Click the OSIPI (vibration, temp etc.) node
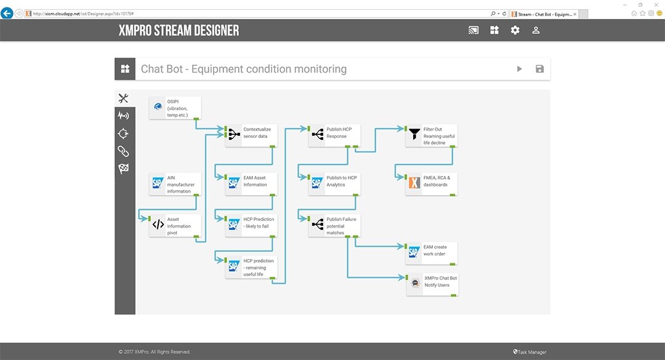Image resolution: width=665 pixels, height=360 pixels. pos(175,108)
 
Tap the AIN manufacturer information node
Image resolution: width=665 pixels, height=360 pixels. pos(175,185)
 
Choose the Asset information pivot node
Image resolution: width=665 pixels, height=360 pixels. pos(175,226)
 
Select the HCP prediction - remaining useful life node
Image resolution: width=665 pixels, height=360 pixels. pos(251,268)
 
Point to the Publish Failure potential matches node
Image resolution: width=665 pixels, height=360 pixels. pos(334,225)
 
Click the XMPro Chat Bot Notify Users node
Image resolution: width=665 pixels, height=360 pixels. pos(432,284)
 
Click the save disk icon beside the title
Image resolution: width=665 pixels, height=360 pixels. pos(539,69)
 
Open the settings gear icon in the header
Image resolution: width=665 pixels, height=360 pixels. pos(515,30)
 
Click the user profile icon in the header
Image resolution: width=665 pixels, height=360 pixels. pos(536,30)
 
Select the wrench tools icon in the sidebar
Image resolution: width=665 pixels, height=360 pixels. pos(124,98)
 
